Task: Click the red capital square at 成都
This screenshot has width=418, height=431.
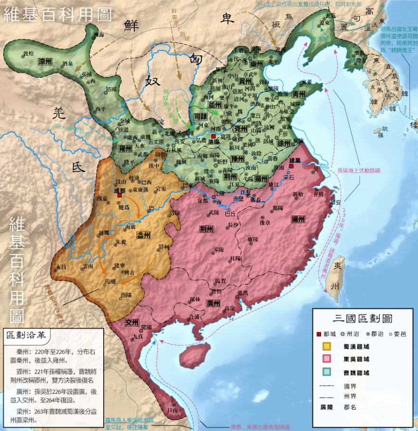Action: (120, 196)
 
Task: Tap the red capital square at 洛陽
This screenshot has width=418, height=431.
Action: (214, 136)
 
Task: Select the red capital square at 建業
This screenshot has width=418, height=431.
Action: (291, 166)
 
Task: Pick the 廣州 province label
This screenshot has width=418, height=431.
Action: (213, 303)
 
